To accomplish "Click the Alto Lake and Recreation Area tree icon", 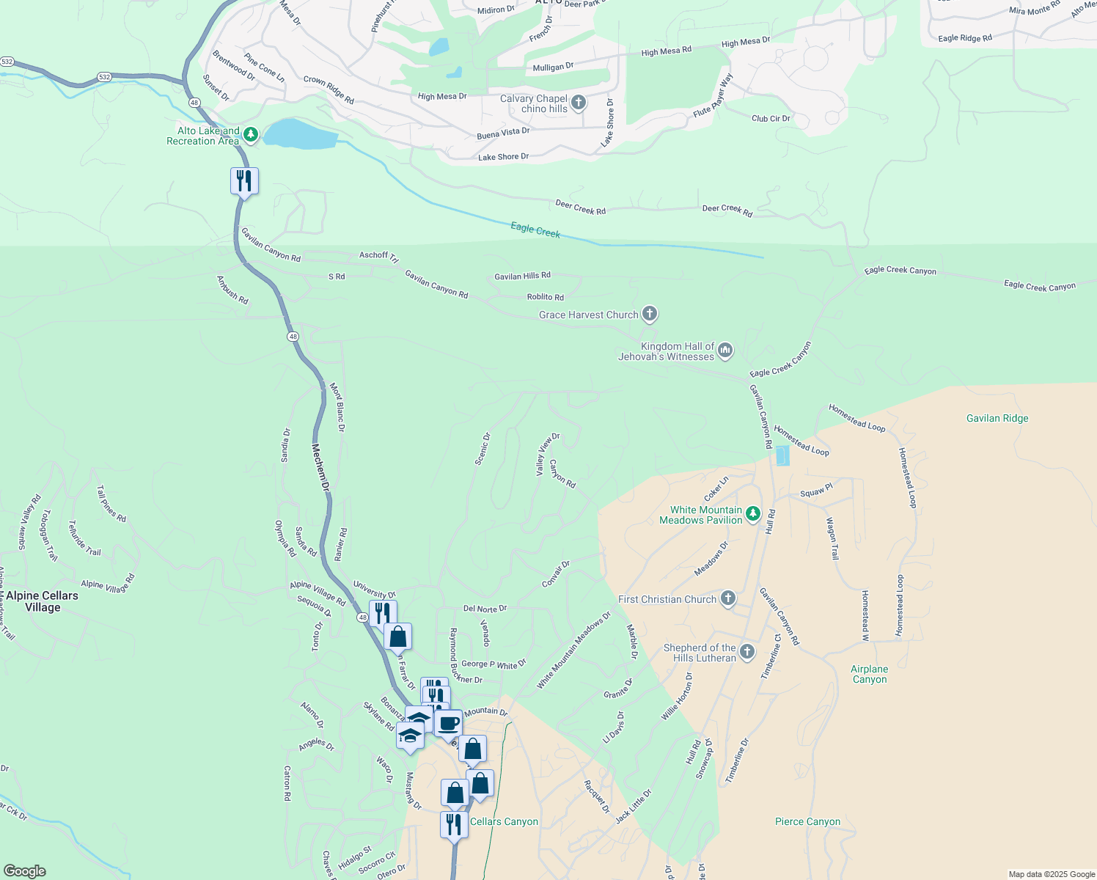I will pyautogui.click(x=251, y=134).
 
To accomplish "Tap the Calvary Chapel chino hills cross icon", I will pyautogui.click(x=579, y=103).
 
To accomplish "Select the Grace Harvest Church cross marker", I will pyautogui.click(x=649, y=314).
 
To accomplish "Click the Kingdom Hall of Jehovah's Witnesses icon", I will pyautogui.click(x=725, y=351).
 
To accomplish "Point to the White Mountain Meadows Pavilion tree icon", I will pyautogui.click(x=753, y=515).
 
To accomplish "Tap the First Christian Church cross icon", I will pyautogui.click(x=727, y=598).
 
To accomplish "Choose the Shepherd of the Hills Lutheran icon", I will pyautogui.click(x=746, y=651).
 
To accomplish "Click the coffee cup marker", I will pyautogui.click(x=449, y=724).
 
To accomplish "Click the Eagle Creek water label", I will pyautogui.click(x=535, y=231).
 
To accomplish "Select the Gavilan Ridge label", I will pyautogui.click(x=997, y=418).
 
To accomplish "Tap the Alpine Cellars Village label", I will pyautogui.click(x=42, y=601).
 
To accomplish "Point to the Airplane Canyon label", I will pyautogui.click(x=869, y=674).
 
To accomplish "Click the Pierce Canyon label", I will pyautogui.click(x=807, y=821).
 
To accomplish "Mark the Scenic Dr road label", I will pyautogui.click(x=482, y=448).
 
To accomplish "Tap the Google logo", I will pyautogui.click(x=25, y=871).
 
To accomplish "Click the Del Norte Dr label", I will pyautogui.click(x=485, y=609).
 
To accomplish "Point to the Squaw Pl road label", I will pyautogui.click(x=816, y=491).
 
